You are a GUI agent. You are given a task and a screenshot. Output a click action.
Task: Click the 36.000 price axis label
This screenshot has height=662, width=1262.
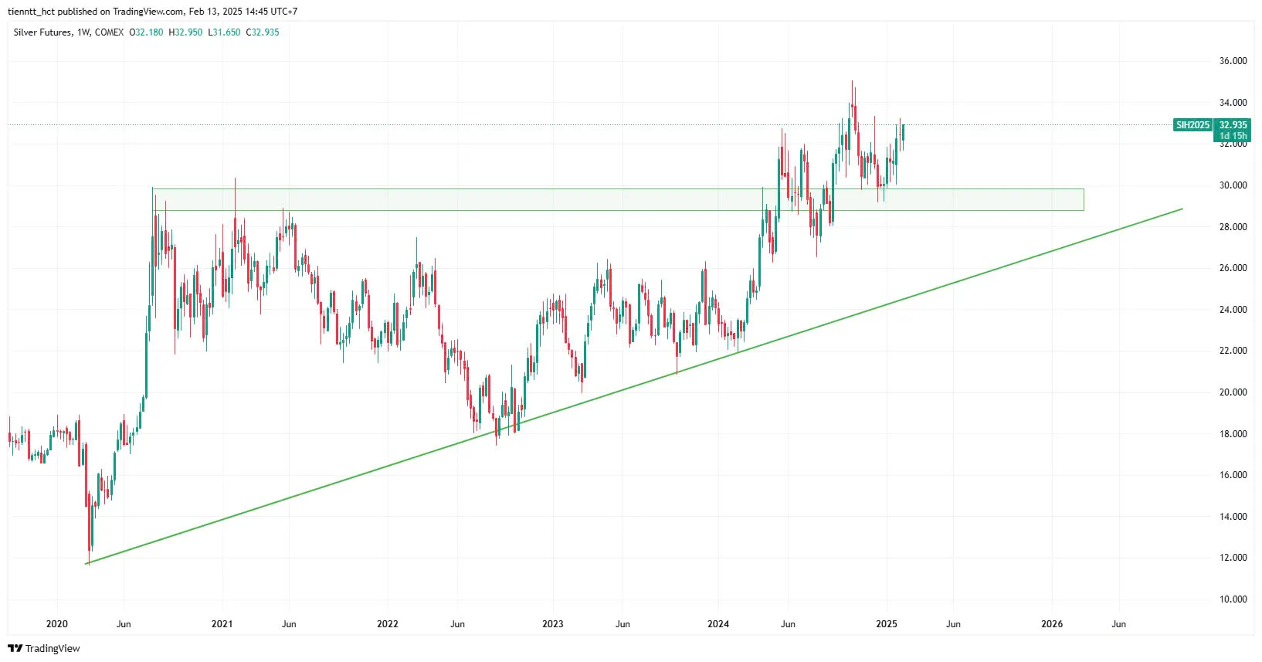coord(1233,61)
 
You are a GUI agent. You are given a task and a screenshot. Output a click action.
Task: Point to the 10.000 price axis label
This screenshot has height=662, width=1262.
coord(1233,599)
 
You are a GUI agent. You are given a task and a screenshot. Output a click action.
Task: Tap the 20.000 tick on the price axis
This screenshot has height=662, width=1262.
coord(1233,392)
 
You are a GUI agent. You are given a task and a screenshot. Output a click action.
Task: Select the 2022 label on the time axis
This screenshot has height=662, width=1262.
coord(388,624)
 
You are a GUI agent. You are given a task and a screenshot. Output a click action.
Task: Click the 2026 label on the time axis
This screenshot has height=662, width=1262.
coord(1052,624)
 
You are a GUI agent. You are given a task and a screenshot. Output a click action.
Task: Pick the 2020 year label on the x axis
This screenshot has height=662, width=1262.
coord(57,624)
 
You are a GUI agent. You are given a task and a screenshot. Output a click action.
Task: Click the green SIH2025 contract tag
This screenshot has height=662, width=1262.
coord(1193,125)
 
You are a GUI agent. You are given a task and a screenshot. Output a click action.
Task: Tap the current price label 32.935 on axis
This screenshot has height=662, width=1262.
coord(1233,125)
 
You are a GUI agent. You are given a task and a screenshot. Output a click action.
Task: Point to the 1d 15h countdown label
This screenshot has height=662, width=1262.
coord(1233,136)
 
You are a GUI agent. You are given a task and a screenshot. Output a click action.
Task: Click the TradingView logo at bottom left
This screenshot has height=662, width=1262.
coord(44,648)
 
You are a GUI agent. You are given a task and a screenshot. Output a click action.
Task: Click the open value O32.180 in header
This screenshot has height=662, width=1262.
coord(146,32)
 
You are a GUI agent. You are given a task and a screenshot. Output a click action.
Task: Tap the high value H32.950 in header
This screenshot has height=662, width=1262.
coord(185,32)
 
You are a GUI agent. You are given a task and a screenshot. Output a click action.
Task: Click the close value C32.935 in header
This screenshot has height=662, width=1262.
coord(263,32)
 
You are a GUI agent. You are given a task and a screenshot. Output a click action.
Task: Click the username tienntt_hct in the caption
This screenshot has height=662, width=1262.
coord(31,12)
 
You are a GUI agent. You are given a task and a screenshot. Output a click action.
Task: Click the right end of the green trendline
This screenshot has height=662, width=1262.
coord(1182,209)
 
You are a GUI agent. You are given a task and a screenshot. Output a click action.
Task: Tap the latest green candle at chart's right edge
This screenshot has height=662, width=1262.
coord(903,133)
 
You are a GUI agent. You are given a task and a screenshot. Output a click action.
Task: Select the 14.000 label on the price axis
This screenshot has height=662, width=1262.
coord(1233,517)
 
